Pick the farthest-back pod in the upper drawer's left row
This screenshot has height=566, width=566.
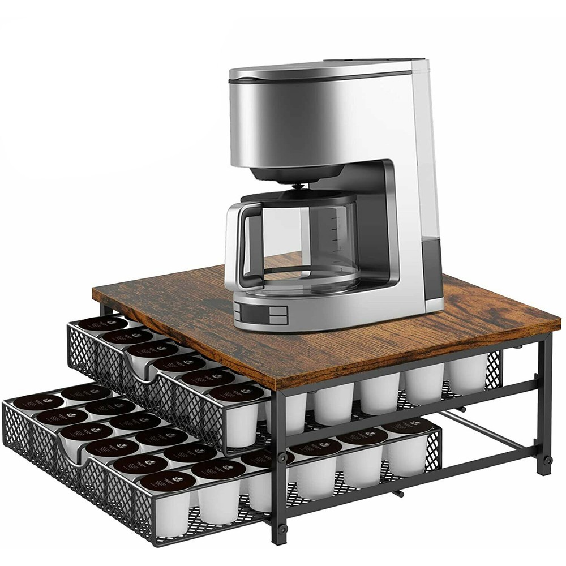pyautogui.click(x=102, y=324)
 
